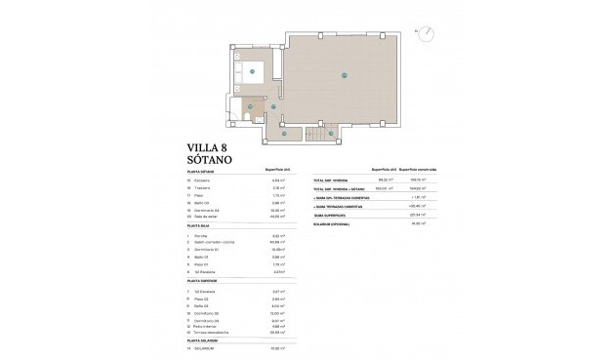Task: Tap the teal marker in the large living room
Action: (x=344, y=75)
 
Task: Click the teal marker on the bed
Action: (x=251, y=70)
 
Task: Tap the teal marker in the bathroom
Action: (x=251, y=105)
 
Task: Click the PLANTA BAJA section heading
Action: (x=198, y=227)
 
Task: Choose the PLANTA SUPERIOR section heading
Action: (x=202, y=280)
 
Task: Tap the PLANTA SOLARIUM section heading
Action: (x=203, y=339)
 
